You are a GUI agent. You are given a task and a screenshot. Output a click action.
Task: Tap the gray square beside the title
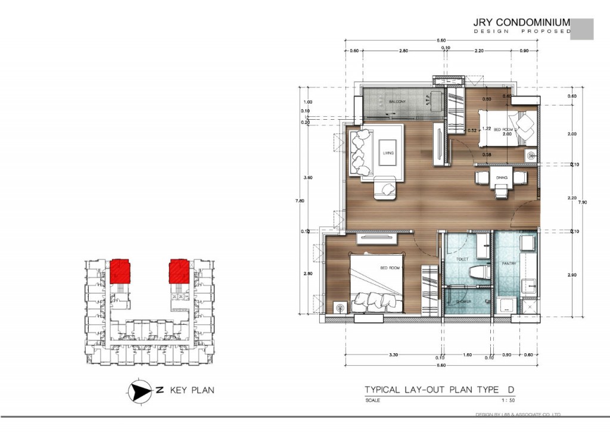point(581,29)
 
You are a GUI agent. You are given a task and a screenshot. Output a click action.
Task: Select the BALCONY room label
point(397,102)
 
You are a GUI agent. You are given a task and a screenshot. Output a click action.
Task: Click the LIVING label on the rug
point(388,153)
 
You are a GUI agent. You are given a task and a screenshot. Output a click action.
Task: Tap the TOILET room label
point(462,259)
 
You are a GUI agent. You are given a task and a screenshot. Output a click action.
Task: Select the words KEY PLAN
point(192,391)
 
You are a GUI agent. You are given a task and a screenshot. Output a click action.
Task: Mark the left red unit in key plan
point(120,272)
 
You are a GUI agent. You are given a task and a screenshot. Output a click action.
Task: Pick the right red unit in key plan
point(179,272)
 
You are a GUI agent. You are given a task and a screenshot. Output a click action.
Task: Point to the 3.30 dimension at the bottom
point(393,355)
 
